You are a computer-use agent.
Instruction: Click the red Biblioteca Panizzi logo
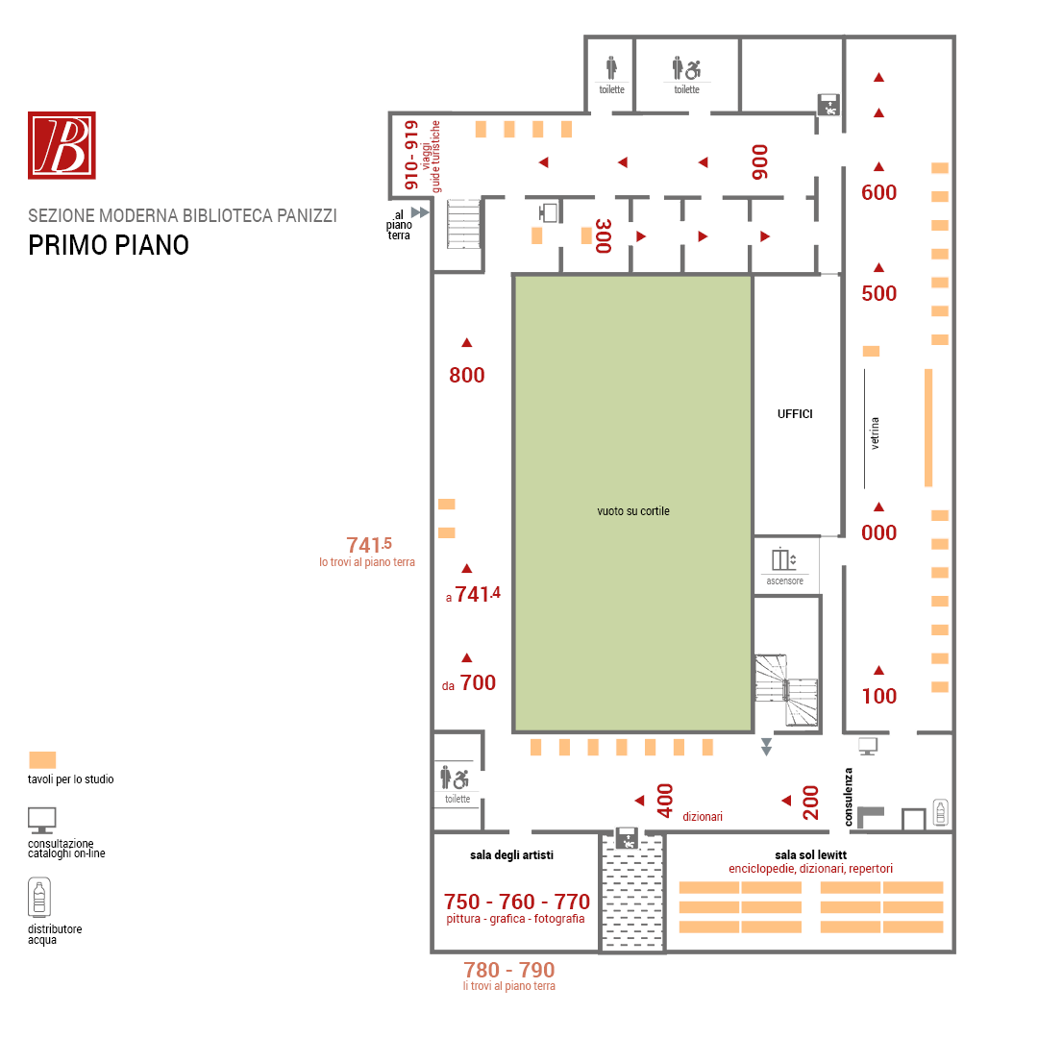[62, 145]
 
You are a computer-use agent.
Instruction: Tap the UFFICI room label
[795, 414]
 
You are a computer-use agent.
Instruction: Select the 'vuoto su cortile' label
[632, 511]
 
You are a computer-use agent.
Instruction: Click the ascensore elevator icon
[784, 559]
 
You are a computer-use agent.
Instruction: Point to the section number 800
[467, 376]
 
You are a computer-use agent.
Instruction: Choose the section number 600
[878, 192]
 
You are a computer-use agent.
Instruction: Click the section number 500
[878, 293]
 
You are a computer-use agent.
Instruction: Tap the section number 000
[878, 532]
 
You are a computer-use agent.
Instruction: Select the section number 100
[878, 697]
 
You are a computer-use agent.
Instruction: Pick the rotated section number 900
[760, 162]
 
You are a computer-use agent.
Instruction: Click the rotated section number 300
[603, 236]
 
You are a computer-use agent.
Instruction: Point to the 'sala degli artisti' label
[511, 855]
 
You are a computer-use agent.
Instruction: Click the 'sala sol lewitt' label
[810, 855]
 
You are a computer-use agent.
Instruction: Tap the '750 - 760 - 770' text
[516, 902]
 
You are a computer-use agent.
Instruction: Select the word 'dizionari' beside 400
[703, 817]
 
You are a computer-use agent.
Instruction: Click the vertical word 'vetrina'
[875, 433]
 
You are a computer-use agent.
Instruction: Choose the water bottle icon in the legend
[39, 898]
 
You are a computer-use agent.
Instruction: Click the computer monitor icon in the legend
[41, 821]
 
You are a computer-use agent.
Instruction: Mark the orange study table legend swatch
[42, 760]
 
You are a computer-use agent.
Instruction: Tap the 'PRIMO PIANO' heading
[109, 246]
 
